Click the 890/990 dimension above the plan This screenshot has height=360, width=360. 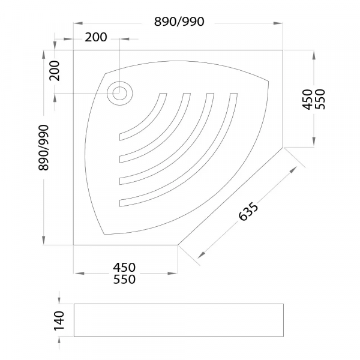pos(179,22)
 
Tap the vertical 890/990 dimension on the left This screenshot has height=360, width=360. pos(44,148)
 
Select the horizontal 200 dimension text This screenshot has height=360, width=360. pos(96,37)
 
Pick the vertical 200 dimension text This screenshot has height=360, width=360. pos(55,71)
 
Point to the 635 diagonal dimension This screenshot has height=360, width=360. pos(248,211)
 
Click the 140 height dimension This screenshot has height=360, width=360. pos(59,321)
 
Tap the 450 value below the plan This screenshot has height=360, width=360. pos(124,268)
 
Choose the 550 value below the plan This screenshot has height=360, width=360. pos(124,280)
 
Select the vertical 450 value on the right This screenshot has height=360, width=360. pos(307,100)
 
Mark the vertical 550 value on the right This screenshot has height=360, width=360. pos(320,100)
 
